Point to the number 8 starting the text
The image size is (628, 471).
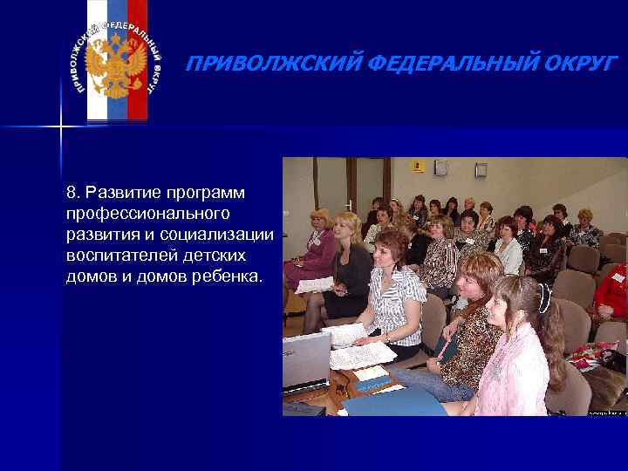point(70,191)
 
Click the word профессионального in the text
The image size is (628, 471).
point(146,213)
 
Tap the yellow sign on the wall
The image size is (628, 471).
point(418,165)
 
